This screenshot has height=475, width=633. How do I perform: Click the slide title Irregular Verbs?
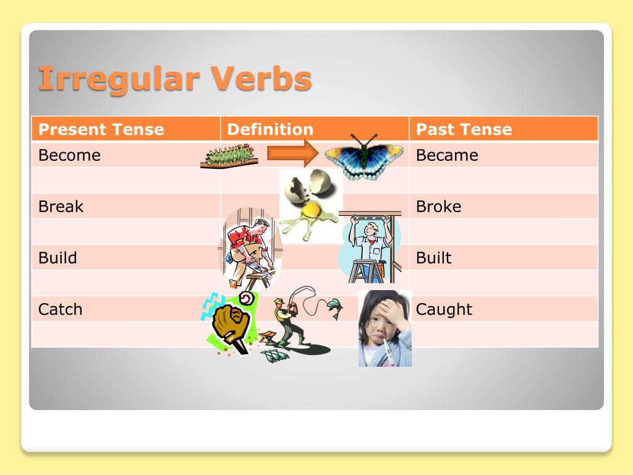(x=175, y=79)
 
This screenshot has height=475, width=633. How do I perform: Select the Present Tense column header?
(x=101, y=129)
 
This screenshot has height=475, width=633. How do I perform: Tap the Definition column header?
(x=270, y=129)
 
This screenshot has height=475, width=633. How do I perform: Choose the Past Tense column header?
(x=464, y=129)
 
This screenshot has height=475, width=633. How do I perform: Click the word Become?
(x=69, y=155)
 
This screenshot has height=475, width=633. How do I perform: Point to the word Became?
(x=447, y=155)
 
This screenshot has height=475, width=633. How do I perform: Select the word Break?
(x=61, y=207)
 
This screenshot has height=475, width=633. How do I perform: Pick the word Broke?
(x=438, y=207)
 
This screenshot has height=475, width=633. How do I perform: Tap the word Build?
(x=57, y=258)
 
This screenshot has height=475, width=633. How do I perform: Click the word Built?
(x=433, y=258)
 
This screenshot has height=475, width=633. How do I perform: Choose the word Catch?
(x=60, y=309)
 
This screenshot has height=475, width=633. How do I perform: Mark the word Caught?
(x=444, y=309)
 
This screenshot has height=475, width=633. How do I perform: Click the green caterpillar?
(x=229, y=156)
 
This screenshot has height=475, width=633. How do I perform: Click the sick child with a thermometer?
(x=384, y=328)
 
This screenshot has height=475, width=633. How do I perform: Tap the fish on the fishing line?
(x=334, y=307)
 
